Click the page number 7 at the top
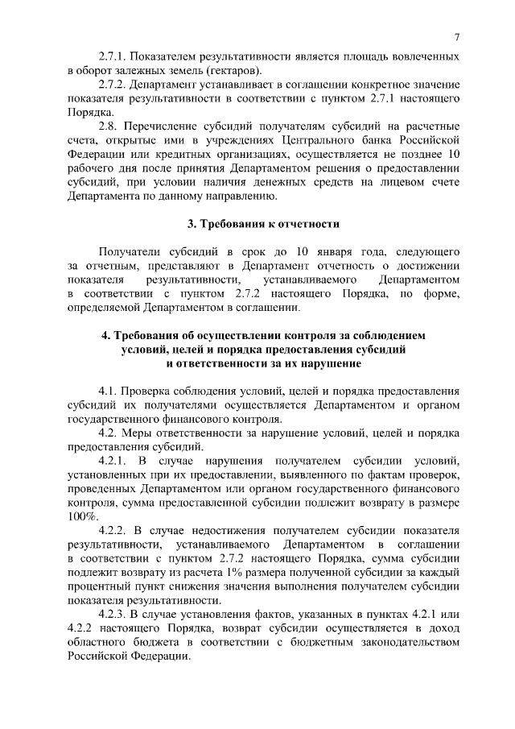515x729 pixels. pyautogui.click(x=456, y=37)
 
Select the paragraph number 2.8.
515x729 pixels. pyautogui.click(x=109, y=126)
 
